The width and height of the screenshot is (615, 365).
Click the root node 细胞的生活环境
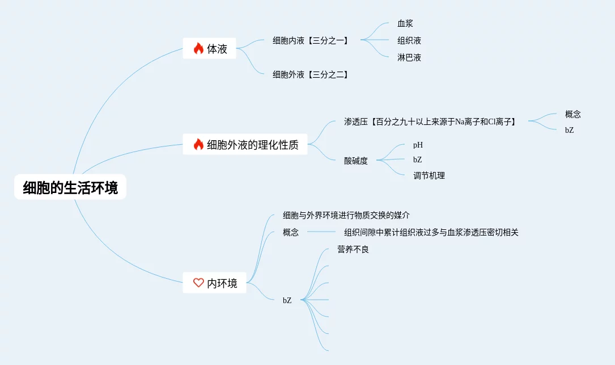pos(70,188)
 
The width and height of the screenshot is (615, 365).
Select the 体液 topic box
pos(210,49)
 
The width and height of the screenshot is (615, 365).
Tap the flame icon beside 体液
pos(198,49)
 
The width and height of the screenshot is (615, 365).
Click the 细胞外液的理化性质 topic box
pos(245,145)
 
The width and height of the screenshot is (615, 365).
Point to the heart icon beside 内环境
pos(198,283)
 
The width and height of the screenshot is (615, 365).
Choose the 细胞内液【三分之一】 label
pos(310,40)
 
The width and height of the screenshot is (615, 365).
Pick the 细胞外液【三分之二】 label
pos(310,74)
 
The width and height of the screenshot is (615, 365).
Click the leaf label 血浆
pos(405,24)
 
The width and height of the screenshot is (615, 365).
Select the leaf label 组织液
pos(409,41)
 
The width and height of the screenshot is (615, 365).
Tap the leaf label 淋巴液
pos(409,57)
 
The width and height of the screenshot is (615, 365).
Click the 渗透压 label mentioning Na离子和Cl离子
pos(431,121)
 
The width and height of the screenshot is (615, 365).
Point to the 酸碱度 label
pos(356,161)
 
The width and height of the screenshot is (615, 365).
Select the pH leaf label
pos(418,145)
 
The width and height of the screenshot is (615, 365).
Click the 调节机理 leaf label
pos(429,176)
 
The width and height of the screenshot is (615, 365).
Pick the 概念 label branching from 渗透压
pos(573,114)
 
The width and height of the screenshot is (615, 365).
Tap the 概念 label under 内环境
pos(291,232)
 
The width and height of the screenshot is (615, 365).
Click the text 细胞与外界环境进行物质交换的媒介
pos(346,215)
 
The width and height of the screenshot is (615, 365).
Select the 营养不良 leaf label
pos(353,249)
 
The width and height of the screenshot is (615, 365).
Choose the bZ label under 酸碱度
pos(418,160)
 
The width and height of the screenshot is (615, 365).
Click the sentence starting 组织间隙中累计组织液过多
pos(431,232)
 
